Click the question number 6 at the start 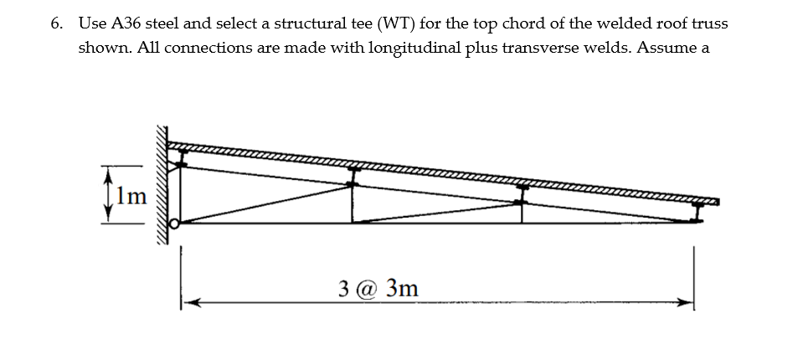pos(54,23)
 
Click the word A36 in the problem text pos(123,23)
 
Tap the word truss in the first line pos(708,23)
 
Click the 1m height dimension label pos(131,197)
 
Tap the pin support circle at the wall pos(174,224)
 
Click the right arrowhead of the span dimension pos(686,303)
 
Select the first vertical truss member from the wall pos(353,199)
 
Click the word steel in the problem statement pos(166,23)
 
